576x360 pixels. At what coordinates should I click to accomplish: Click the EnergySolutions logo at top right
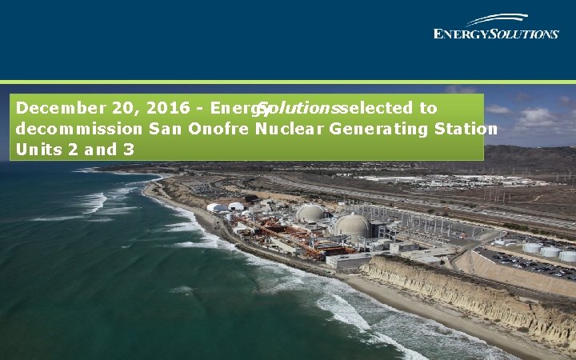pos(496,27)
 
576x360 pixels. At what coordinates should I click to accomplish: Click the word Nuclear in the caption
pos(289,129)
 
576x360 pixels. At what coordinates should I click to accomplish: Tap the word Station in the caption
pos(470,129)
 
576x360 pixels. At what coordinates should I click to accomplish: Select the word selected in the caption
pos(378,108)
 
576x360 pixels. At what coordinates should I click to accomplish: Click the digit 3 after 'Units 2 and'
pos(128,149)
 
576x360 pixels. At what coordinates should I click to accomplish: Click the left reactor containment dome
pos(310,213)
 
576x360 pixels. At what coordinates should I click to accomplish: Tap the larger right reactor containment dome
pos(352,225)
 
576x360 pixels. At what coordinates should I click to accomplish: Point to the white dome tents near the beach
pos(225,207)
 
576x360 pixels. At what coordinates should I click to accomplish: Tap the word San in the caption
pos(164,129)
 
